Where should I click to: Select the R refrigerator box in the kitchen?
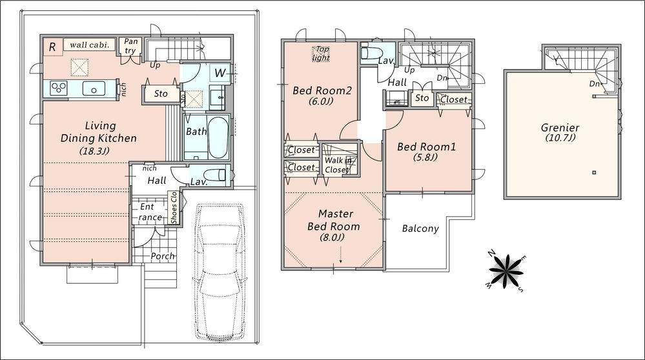point(51,47)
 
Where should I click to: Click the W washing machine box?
point(220,73)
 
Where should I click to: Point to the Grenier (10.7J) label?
point(560,133)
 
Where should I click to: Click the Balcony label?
point(420,228)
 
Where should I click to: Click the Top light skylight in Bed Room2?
point(321,54)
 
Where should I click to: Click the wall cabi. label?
point(89,45)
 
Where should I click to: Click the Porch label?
point(162,256)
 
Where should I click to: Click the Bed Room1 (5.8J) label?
point(426,152)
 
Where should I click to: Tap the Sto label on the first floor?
point(161,94)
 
